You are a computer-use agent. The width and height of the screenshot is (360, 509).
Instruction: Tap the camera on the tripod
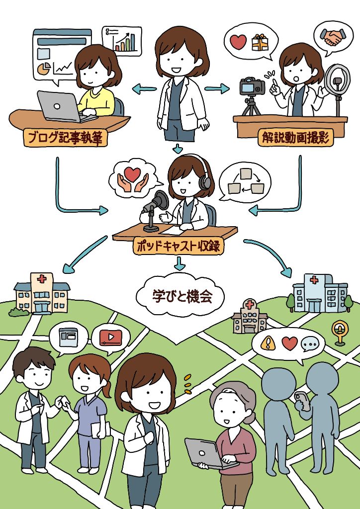[252, 86]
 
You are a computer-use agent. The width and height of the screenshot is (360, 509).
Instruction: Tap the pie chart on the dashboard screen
[44, 68]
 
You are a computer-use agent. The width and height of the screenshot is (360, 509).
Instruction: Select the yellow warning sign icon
[268, 343]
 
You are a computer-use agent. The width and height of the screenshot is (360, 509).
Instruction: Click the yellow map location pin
[340, 332]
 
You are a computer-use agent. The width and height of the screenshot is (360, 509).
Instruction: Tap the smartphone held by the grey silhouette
[300, 399]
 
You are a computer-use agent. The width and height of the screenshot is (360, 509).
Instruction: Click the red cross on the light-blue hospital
[314, 280]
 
